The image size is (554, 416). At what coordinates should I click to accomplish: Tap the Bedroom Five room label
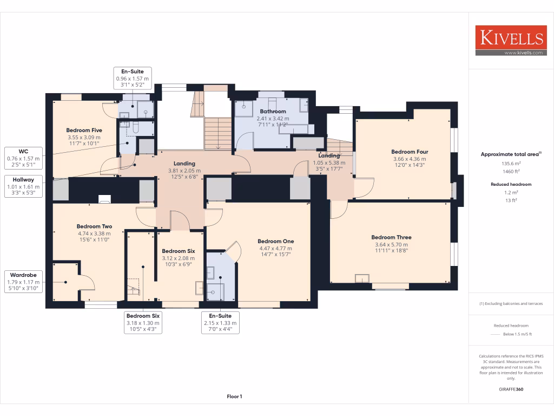[84, 131]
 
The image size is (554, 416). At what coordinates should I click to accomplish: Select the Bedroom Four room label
[410, 152]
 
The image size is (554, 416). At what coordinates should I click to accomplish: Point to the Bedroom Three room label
[391, 237]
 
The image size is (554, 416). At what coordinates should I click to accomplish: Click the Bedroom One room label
[275, 241]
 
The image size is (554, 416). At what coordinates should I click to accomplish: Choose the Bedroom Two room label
[94, 226]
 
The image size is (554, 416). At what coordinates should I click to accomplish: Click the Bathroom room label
[273, 112]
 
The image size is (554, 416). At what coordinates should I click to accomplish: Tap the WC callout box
[23, 159]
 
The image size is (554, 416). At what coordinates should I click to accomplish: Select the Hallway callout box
[23, 186]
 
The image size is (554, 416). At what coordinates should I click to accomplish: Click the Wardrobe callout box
[23, 282]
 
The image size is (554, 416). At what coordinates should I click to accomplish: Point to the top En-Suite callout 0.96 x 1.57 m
[132, 79]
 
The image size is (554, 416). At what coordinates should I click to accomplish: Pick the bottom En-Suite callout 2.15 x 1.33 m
[220, 322]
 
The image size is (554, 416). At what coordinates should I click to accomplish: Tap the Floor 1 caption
[234, 397]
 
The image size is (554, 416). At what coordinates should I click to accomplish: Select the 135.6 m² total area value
[511, 162]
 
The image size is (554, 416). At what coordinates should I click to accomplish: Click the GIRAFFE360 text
[511, 389]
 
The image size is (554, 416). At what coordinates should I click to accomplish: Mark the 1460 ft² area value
[511, 171]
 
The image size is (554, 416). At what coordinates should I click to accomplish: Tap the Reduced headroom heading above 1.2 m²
[511, 184]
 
